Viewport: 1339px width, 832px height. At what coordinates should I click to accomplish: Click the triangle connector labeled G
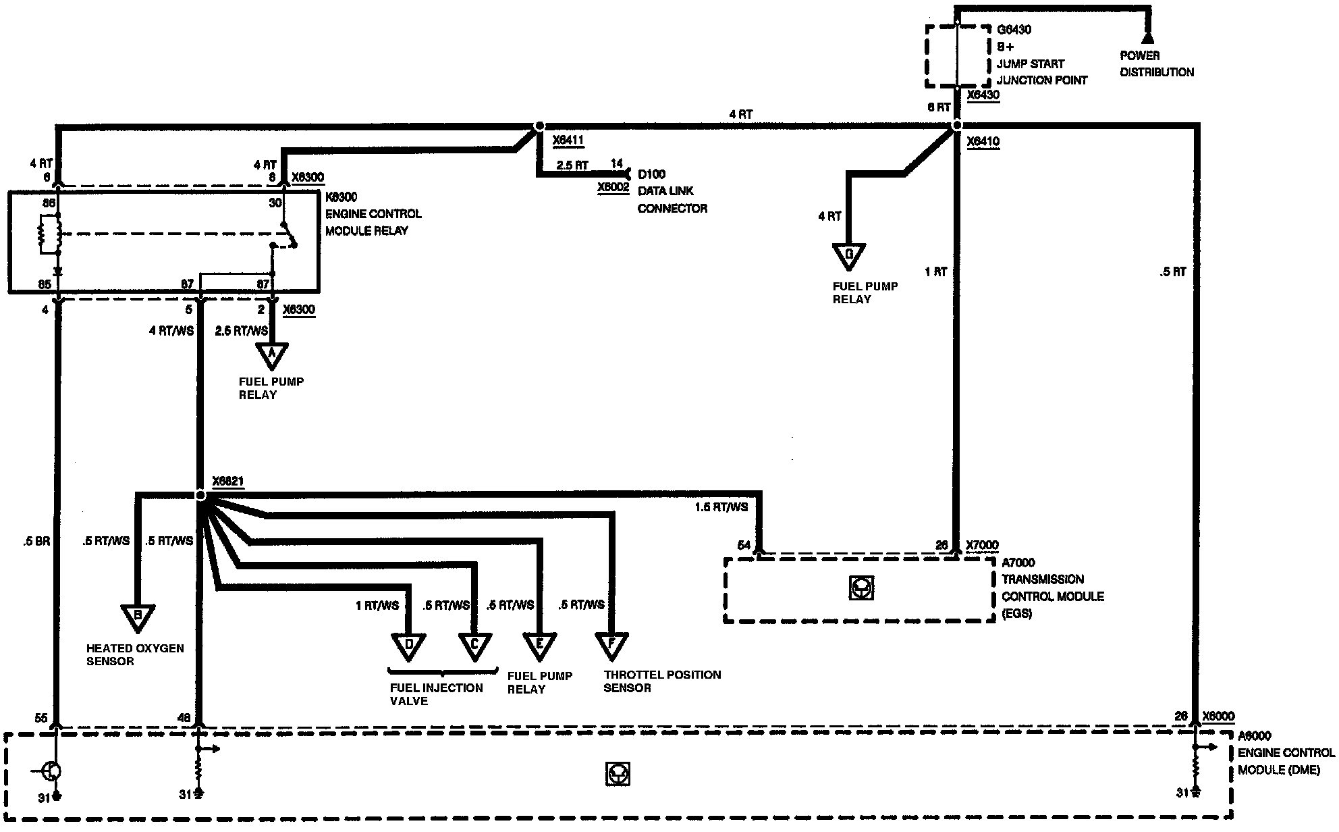(849, 255)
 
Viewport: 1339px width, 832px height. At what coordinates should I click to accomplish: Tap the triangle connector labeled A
(272, 355)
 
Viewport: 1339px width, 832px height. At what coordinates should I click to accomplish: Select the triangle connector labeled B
(138, 616)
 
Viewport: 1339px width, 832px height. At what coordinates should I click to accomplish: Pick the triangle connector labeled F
(611, 645)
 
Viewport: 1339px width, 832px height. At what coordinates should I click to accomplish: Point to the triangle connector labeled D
(408, 645)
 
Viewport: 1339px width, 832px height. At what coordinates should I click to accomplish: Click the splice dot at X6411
(539, 126)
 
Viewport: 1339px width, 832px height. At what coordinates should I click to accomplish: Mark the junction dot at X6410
(956, 126)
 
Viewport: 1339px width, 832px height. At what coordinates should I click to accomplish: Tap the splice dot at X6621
(200, 496)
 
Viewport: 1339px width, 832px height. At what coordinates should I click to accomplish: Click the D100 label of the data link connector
(651, 174)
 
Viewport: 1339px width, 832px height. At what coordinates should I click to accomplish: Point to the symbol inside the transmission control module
(862, 588)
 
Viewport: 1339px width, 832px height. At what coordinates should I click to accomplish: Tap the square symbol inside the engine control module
(618, 774)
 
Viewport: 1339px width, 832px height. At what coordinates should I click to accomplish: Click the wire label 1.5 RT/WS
(721, 507)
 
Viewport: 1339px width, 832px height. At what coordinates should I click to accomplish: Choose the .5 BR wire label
(36, 541)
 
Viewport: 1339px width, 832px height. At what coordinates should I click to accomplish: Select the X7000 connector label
(982, 545)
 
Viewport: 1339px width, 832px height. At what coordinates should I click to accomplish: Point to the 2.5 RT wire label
(572, 165)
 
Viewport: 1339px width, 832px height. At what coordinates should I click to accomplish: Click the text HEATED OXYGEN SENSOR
(135, 654)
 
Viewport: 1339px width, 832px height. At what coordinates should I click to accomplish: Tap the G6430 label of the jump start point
(1014, 30)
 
